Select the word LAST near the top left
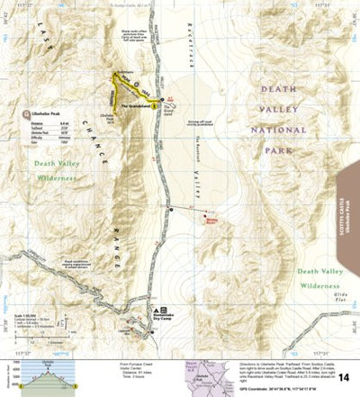(45, 37)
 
